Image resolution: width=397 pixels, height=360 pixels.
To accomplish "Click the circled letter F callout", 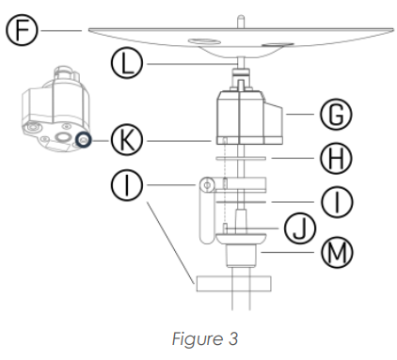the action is tap(22, 30).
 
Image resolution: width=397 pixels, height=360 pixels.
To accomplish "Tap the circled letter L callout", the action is tap(127, 63).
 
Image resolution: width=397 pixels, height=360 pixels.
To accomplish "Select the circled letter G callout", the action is tap(336, 114).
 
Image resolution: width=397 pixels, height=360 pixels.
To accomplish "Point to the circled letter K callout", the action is tap(127, 140).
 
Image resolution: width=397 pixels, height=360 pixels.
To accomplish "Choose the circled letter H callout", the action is tap(336, 158).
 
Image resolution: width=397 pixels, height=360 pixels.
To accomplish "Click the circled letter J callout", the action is tap(300, 228).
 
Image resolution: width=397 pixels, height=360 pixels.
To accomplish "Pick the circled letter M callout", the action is tap(337, 252).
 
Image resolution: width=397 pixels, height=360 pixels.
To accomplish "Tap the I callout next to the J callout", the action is tap(337, 202).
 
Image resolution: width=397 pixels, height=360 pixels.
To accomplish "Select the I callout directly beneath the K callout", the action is tap(127, 185).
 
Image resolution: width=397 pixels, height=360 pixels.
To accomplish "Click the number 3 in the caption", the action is tap(232, 338).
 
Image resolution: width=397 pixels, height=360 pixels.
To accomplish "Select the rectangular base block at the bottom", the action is tap(233, 284).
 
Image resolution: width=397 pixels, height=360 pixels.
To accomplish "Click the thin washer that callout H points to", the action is tap(241, 158).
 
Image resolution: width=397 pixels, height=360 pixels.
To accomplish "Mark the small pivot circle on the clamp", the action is tap(207, 185).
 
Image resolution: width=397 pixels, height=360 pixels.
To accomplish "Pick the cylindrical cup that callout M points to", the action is tap(241, 256).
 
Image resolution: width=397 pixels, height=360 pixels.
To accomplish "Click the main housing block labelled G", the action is tap(249, 117).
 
